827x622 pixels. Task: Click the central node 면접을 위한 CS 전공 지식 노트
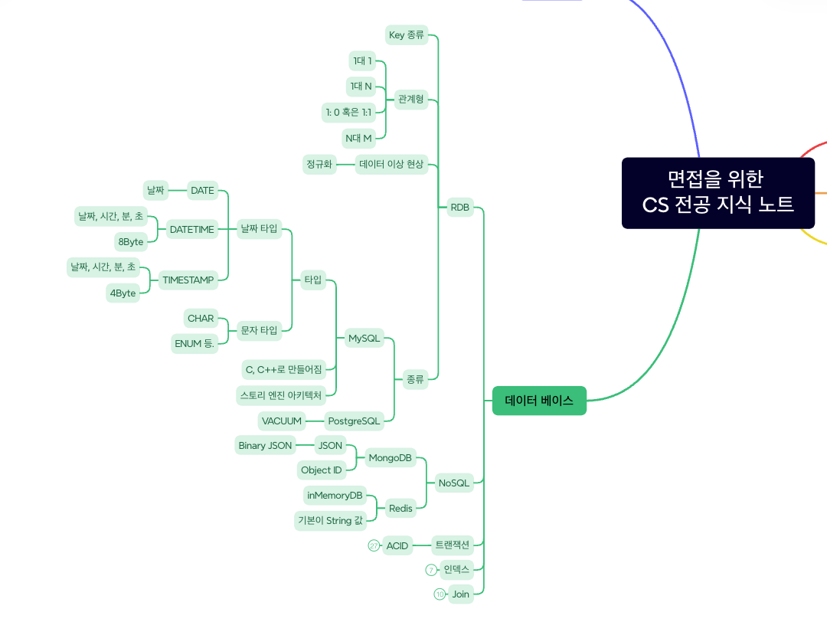[x=717, y=193]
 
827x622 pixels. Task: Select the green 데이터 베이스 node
[x=539, y=401]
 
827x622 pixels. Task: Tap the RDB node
[x=459, y=208]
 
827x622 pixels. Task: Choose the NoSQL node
[x=453, y=483]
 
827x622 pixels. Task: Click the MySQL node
[x=364, y=339]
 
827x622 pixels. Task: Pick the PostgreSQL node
[x=354, y=421]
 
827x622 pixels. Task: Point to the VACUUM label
[x=281, y=421]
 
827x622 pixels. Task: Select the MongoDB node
[x=390, y=458]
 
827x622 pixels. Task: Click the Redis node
[x=400, y=508]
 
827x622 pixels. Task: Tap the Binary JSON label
[x=265, y=445]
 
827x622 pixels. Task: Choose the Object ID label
[x=321, y=470]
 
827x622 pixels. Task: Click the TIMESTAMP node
[x=188, y=280]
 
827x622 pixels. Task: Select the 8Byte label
[x=130, y=241]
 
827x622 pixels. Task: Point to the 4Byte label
[x=123, y=293]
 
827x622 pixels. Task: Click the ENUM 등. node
[x=194, y=343]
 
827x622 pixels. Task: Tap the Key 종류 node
[x=406, y=34]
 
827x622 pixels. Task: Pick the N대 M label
[x=358, y=138]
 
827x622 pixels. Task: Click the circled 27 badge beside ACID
[x=374, y=545]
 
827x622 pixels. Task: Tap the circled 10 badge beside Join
[x=440, y=594]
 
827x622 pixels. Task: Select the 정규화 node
[x=319, y=164]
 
